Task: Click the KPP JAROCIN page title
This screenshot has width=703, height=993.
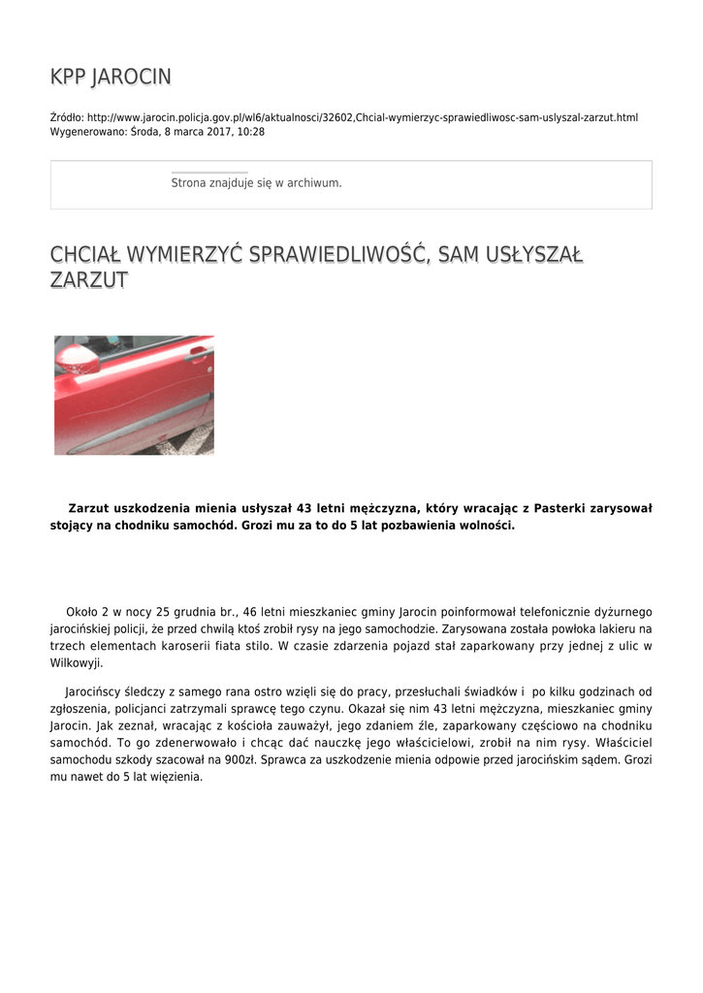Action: [111, 77]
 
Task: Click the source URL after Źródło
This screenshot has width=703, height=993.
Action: [363, 118]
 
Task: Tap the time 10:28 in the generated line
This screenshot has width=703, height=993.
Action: [251, 132]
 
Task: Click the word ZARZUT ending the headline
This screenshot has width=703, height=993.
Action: [88, 281]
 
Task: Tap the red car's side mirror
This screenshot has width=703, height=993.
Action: [77, 358]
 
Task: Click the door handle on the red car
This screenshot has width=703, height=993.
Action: [199, 354]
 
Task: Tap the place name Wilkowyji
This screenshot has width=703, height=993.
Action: [76, 664]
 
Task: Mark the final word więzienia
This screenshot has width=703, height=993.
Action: [175, 778]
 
